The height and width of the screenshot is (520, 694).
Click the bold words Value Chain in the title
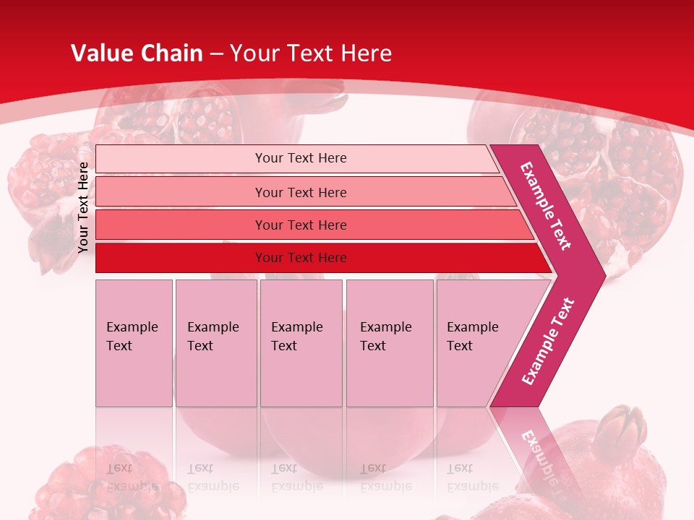137,53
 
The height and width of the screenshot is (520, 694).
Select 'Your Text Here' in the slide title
311,53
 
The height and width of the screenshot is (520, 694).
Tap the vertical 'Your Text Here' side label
83,207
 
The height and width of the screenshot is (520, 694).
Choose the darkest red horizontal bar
181,258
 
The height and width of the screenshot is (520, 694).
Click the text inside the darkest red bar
301,258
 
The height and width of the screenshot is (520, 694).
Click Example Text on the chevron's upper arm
546,206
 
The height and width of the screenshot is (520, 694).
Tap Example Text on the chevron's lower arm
547,342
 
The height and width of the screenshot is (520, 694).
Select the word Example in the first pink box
132,327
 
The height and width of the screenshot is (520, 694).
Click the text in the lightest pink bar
301,158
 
